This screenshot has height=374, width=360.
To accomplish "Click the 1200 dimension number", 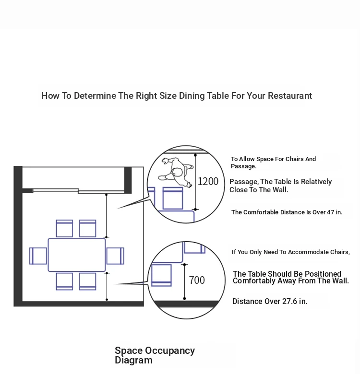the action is (208, 182).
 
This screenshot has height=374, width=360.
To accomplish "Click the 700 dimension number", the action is (197, 280).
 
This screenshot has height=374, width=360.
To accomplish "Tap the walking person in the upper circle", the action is (176, 172).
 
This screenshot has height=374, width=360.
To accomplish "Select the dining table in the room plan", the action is (77, 255).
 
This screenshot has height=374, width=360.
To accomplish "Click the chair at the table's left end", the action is (38, 256).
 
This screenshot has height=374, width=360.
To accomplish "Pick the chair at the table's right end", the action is (115, 256).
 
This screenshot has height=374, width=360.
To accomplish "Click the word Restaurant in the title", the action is (290, 95).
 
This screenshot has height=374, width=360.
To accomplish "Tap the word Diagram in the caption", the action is (133, 360).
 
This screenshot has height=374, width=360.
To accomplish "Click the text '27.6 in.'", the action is (295, 301).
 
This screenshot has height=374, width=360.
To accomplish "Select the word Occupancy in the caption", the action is (170, 351).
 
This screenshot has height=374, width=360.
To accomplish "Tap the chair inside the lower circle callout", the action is (162, 275).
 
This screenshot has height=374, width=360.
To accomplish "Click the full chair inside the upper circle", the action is (173, 198).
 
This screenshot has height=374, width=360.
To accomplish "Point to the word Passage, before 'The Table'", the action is (244, 182).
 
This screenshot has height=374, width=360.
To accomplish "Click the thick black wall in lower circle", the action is (186, 304).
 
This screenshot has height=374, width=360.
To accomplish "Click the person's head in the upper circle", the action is (178, 172).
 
